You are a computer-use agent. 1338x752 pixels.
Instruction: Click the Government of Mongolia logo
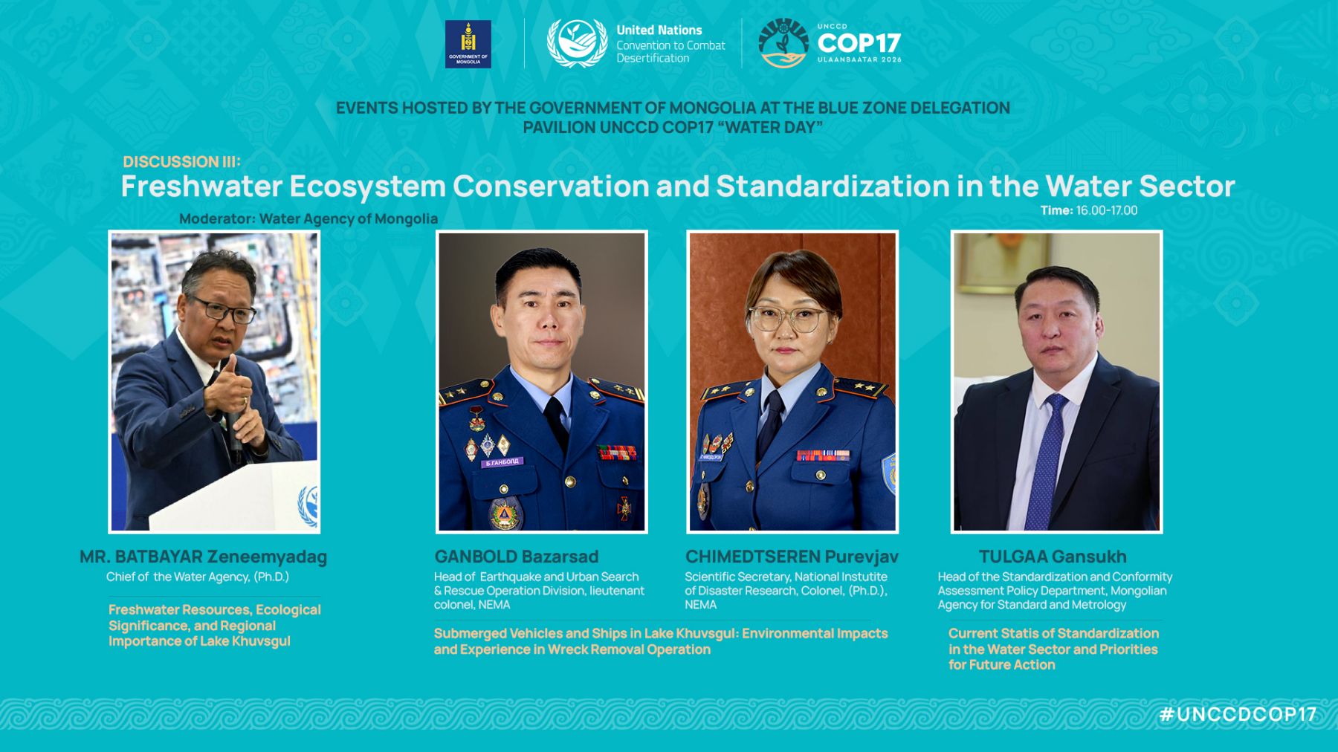pos(468,44)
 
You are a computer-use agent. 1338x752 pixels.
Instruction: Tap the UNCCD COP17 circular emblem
pos(783,43)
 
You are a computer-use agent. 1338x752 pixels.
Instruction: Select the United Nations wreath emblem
pos(577,43)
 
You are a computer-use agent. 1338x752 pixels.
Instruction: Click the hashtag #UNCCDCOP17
pos(1238,714)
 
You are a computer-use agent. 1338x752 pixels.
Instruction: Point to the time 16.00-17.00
pos(1107,210)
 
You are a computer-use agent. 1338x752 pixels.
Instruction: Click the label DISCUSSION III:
pos(182,162)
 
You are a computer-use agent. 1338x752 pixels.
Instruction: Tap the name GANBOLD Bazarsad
pos(517,557)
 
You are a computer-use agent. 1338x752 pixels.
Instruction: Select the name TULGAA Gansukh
pos(1053,557)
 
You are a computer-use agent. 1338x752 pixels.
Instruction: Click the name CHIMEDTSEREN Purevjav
pos(792,557)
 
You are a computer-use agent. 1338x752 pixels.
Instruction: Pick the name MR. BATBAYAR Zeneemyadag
pos(203,557)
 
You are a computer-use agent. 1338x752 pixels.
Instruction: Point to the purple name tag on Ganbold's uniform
pos(502,462)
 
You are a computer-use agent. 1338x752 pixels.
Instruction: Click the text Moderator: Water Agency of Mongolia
pos(308,219)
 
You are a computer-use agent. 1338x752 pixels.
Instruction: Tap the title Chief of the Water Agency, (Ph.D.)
pos(198,577)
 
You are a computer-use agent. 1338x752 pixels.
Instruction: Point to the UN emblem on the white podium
pos(308,505)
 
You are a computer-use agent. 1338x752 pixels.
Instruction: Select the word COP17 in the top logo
pos(859,43)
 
